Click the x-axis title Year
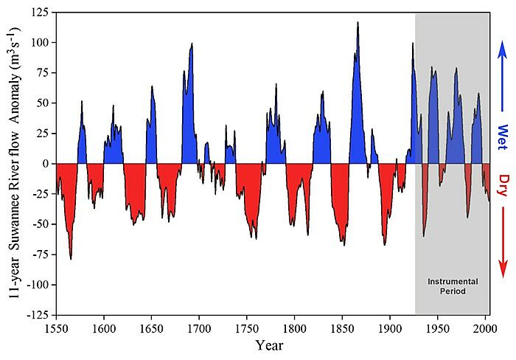pos(271,345)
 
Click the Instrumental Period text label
pos(453,286)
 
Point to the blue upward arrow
pos(502,70)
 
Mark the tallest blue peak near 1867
pos(358,23)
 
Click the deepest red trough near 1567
pos(71,258)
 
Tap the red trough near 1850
pos(343,243)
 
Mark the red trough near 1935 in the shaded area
pos(424,235)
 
